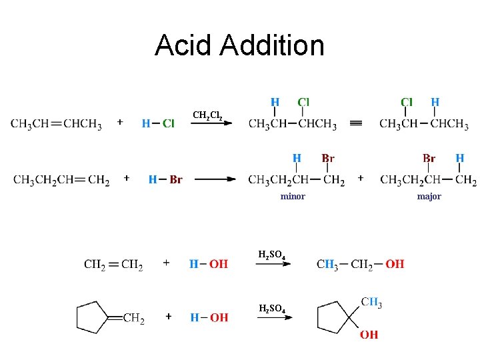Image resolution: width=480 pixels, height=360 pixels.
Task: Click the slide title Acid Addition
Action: pos(239,45)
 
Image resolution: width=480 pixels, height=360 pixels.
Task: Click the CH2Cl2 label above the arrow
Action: pos(211,115)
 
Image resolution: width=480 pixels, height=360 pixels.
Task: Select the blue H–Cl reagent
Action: pos(158,123)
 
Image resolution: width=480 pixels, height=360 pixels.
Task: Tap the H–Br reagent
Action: pos(165,179)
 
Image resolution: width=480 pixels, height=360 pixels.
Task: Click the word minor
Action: pos(293,196)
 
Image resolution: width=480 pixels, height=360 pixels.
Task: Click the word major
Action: pos(429,196)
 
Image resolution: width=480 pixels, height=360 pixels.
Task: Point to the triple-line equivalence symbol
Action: pos(356,123)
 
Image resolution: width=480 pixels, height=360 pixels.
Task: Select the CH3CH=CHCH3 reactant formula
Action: pos(56,124)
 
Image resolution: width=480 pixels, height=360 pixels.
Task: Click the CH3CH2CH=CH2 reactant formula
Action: pos(61,180)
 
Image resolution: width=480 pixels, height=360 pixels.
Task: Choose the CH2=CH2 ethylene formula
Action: pos(113,265)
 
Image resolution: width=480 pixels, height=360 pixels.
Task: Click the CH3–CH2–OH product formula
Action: pos(360,264)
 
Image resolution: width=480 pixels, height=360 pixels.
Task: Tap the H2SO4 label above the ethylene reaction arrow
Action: pos(272,254)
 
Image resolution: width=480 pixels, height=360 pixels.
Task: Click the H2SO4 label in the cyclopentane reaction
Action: pos(272,308)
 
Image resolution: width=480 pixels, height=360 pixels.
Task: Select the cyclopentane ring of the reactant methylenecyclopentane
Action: pos(92,317)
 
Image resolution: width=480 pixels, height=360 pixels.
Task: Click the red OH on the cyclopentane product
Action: pos(369,334)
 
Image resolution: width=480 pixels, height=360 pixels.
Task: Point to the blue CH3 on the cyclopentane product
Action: pos(371,303)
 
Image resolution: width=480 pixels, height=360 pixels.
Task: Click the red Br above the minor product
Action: pos(328,159)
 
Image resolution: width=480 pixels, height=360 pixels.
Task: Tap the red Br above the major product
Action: pos(429,159)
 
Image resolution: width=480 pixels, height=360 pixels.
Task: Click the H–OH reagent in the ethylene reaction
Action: pos(209,265)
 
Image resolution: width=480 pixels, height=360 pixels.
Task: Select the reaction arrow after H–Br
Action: pos(215,179)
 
